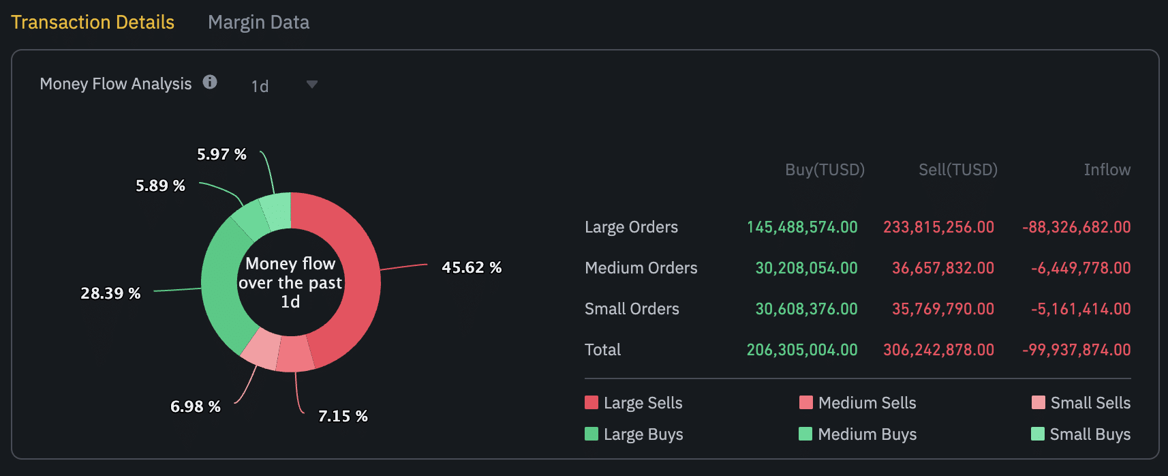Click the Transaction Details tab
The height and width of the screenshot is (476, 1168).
click(93, 23)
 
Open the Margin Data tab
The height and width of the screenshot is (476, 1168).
click(258, 23)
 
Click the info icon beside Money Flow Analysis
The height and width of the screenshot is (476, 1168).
click(210, 83)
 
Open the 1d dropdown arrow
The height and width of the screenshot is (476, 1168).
click(312, 85)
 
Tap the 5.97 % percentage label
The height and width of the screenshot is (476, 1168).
click(221, 154)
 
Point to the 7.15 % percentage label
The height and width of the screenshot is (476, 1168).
click(343, 416)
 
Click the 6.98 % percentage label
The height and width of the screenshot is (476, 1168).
click(195, 406)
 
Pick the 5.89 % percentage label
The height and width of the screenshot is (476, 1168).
click(160, 185)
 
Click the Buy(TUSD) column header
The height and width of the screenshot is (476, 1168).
click(825, 170)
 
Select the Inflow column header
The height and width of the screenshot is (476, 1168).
click(1107, 170)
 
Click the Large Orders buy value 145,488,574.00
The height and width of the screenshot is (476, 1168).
click(802, 227)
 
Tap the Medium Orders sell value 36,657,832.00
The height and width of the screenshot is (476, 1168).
click(943, 268)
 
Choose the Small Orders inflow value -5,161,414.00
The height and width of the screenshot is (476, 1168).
click(1081, 309)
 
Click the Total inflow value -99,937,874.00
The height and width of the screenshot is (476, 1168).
click(1077, 350)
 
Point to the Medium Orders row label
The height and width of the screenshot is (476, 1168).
click(641, 268)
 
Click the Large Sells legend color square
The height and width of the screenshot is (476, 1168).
click(591, 402)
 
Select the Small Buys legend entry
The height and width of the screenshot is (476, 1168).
click(1081, 434)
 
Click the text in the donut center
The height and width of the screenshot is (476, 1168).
click(290, 282)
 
